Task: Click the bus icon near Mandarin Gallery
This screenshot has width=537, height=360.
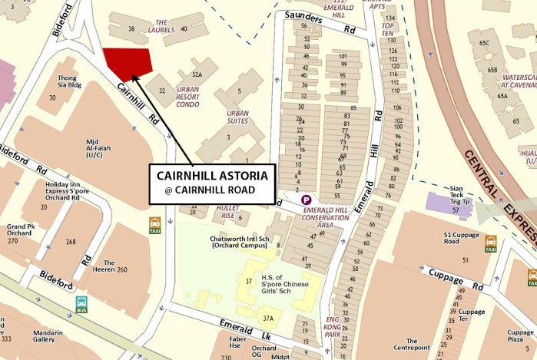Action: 81,305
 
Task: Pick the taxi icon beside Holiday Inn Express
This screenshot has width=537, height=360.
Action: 155,225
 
